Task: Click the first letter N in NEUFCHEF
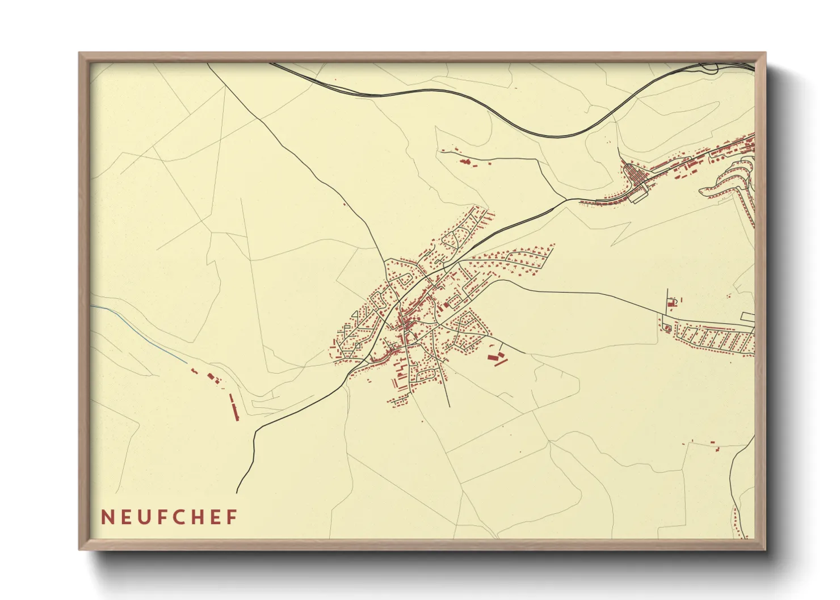[106, 517]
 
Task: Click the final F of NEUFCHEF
[232, 517]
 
